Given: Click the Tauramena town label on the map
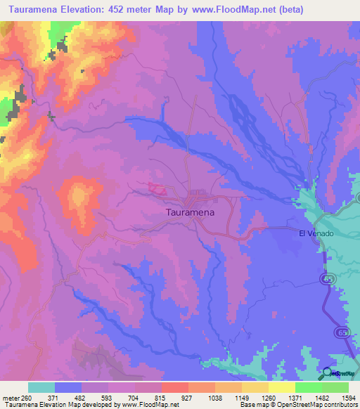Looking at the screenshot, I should click(x=189, y=211).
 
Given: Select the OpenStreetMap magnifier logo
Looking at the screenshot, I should click(x=326, y=374).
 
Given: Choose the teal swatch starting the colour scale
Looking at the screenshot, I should click(x=41, y=387).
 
